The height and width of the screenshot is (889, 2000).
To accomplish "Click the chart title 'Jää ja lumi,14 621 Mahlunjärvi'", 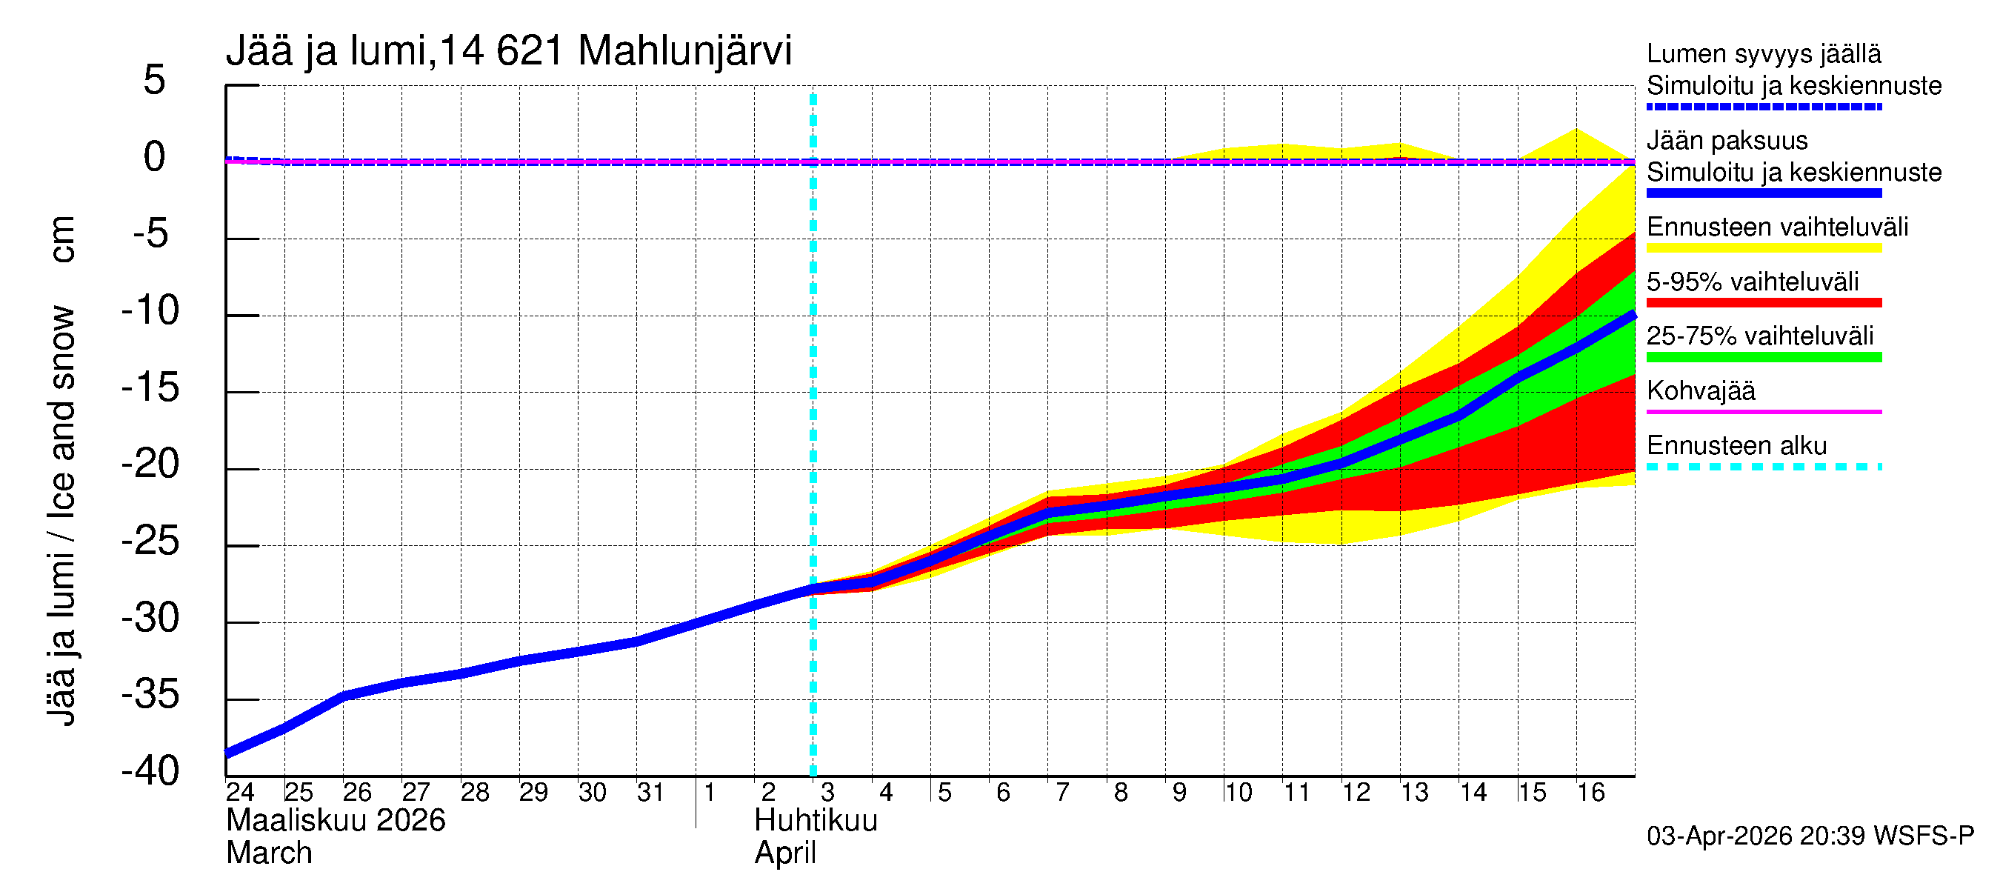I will [x=509, y=51].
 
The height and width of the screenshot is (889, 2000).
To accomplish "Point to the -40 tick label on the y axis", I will [x=150, y=771].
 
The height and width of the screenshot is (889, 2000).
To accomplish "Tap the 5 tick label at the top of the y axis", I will [x=155, y=80].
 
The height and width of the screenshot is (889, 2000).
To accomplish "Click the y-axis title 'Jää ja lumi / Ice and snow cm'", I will [x=61, y=470].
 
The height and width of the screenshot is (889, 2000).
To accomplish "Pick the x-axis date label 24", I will [x=240, y=793].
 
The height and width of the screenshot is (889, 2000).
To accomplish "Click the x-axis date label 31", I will [x=650, y=793].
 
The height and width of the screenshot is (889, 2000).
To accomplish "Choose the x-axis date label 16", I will [x=1591, y=793].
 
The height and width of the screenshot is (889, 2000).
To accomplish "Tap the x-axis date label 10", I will [x=1239, y=793].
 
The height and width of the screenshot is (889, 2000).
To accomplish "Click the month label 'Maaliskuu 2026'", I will [x=336, y=821].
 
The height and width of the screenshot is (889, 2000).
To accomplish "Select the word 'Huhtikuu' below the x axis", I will [x=816, y=821].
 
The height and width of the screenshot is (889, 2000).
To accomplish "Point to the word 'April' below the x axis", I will [x=785, y=853].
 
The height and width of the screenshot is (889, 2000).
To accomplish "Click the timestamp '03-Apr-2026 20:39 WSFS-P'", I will [x=1810, y=836].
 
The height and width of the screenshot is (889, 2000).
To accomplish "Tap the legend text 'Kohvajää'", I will [x=1700, y=390].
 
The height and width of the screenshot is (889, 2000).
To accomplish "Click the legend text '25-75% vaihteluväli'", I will [x=1759, y=336].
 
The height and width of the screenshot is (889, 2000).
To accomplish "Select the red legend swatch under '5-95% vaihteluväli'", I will [x=1763, y=303].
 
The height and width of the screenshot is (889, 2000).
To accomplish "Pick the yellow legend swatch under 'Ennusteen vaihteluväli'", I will [x=1763, y=248].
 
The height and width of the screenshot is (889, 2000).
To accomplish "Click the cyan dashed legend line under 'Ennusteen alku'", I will [x=1763, y=467].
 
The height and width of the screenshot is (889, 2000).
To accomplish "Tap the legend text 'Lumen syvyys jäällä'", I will [x=1763, y=54].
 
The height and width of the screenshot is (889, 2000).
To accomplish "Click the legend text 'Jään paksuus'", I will [x=1727, y=141].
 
